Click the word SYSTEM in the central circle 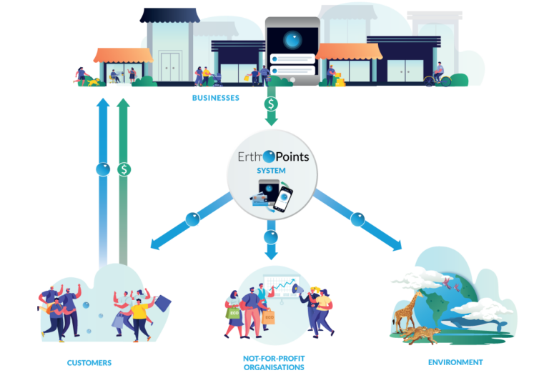point(271,170)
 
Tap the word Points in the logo point(292,155)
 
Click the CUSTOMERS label point(89,362)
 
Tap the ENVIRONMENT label point(455,362)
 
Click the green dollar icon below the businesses point(271,104)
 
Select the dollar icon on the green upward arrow point(124,169)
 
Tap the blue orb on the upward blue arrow point(103,169)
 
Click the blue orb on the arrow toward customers point(192,219)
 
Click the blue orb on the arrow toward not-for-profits point(271,236)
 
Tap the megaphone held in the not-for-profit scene point(297,287)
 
